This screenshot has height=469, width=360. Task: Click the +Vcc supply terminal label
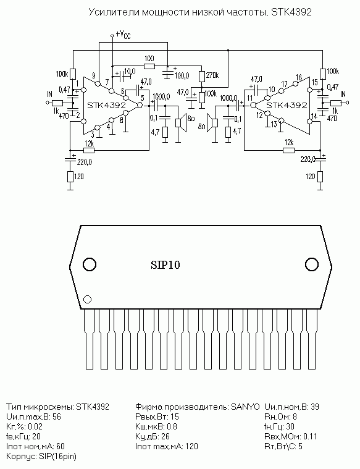tap(123, 35)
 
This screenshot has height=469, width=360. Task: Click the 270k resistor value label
tap(212, 75)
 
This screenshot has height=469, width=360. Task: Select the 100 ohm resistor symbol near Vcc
tap(149, 65)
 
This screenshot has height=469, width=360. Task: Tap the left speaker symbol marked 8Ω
tap(181, 122)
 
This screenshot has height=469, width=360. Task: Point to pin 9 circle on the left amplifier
tap(98, 83)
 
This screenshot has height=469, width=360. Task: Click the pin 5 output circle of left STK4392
tap(139, 105)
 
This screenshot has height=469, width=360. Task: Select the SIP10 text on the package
tap(165, 264)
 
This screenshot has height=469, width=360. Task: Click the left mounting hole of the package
tap(90, 264)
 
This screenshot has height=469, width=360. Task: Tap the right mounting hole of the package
tap(312, 264)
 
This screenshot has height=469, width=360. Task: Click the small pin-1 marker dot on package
tap(87, 299)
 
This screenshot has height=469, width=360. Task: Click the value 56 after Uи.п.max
tap(57, 416)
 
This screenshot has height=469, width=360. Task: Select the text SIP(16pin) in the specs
tap(57, 457)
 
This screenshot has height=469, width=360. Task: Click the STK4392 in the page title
tap(291, 12)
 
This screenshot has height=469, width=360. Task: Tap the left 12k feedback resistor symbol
tap(89, 150)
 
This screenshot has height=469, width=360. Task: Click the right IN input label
tap(343, 94)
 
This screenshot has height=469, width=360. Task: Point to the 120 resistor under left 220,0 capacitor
tap(70, 177)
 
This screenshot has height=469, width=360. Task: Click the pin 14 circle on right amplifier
tap(310, 122)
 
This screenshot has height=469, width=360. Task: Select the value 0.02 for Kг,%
tap(35, 426)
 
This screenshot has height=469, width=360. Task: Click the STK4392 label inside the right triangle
tap(287, 105)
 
